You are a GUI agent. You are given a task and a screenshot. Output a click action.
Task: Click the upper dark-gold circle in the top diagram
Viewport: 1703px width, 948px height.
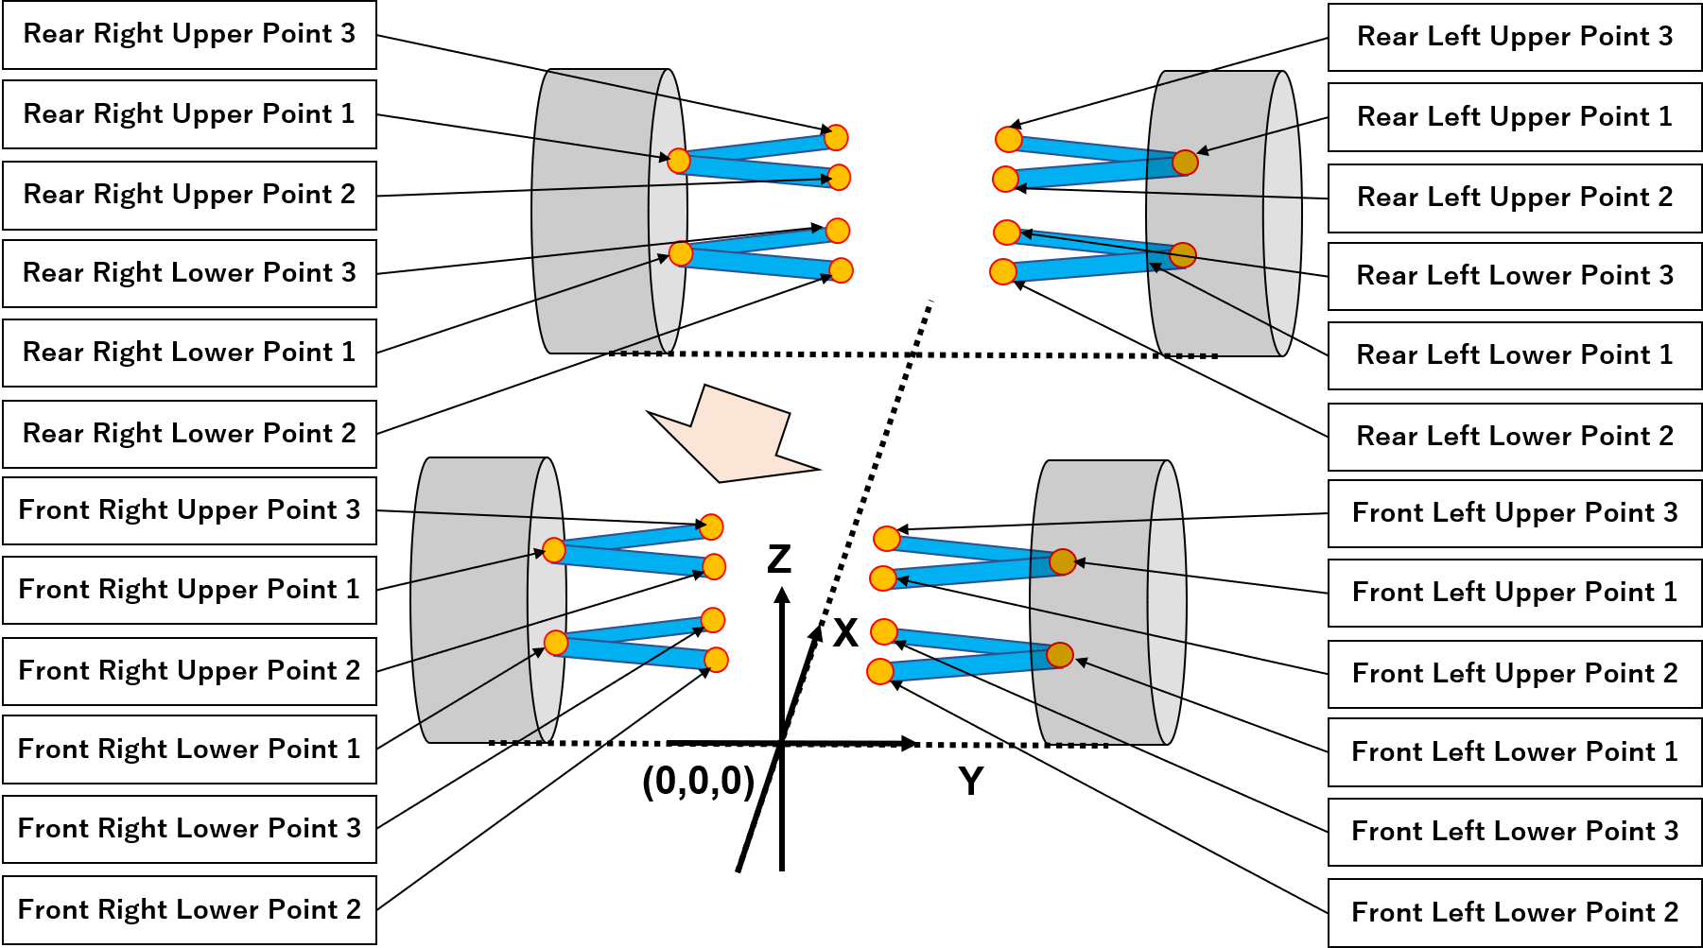point(1185,163)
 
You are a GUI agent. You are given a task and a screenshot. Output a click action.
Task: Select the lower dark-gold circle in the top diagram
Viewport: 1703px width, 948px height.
point(1182,255)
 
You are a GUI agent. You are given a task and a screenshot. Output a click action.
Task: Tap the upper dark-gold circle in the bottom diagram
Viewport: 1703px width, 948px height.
point(1062,561)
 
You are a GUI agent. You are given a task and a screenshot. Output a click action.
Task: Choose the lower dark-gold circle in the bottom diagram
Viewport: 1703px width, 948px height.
point(1059,655)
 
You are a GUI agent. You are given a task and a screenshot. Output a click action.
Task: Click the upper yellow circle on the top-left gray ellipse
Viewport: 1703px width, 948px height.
point(679,161)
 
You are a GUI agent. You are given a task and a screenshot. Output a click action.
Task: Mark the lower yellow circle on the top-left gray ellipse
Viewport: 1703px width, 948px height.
point(681,253)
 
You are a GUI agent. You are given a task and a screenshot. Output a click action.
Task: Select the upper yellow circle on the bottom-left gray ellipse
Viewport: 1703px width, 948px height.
point(554,550)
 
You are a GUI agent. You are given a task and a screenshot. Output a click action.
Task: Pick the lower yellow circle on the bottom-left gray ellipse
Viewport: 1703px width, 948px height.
point(556,643)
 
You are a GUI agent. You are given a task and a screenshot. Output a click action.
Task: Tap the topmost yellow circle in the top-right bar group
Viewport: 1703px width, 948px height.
point(1009,140)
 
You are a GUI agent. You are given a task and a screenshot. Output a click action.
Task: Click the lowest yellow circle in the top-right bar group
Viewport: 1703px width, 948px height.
point(1003,271)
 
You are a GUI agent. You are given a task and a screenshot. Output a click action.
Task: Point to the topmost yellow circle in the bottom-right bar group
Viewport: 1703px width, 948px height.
point(887,539)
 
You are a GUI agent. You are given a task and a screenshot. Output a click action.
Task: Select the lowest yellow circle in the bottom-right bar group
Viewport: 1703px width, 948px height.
point(880,671)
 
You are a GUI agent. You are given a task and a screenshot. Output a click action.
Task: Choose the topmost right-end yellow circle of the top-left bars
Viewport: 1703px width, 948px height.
point(836,138)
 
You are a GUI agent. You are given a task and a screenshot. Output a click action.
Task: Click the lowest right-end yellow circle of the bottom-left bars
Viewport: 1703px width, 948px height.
point(717,660)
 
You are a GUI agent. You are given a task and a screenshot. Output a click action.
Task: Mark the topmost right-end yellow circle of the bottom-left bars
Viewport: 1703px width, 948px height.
point(711,527)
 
